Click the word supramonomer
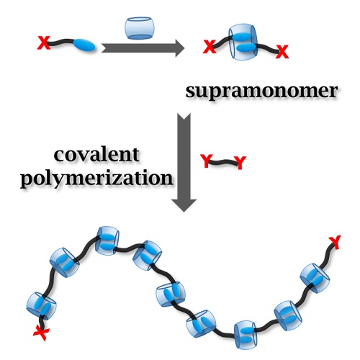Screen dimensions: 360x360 (261, 91)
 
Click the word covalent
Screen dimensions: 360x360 (96, 155)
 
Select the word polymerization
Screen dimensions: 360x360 (96, 179)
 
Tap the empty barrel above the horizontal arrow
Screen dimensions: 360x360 (140, 28)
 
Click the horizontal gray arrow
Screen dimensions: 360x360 (143, 48)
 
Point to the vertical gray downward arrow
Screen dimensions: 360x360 (184, 162)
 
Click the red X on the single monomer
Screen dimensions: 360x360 (44, 42)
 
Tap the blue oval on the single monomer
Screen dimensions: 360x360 (84, 45)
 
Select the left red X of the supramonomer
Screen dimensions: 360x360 (210, 47)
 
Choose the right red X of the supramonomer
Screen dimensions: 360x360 (282, 52)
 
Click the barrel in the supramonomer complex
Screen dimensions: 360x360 (243, 42)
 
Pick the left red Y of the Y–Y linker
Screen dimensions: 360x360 (206, 161)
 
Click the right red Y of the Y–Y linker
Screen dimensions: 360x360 (240, 163)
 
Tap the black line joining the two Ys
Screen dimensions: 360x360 (223, 162)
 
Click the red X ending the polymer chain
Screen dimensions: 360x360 (41, 333)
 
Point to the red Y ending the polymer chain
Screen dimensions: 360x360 (335, 243)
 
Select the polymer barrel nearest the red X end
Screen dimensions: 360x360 (41, 306)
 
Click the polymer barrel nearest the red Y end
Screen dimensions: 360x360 (315, 278)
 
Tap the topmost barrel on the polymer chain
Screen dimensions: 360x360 (107, 240)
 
